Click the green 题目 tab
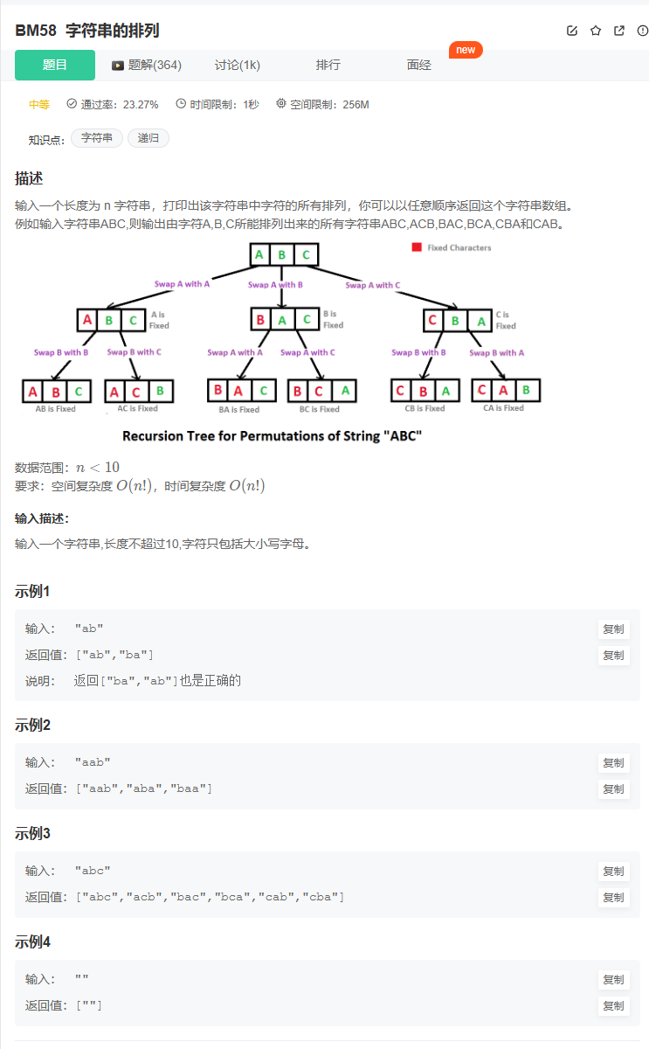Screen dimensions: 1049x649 (x=55, y=65)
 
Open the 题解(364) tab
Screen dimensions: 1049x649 (x=147, y=65)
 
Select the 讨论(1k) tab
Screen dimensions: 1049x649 (x=238, y=65)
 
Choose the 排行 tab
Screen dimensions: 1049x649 (x=328, y=65)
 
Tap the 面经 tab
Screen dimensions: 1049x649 (x=418, y=65)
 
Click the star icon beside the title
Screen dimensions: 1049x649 (x=596, y=31)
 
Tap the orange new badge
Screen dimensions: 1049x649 (x=466, y=50)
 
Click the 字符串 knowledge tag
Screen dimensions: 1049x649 (x=96, y=138)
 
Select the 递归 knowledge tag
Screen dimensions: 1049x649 (x=148, y=138)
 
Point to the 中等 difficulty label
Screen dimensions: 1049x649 (x=39, y=105)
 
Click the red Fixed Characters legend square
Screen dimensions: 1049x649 (x=417, y=247)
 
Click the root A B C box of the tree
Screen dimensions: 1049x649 (x=282, y=255)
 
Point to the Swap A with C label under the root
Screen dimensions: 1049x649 (x=373, y=285)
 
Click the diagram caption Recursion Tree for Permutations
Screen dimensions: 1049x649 (x=272, y=435)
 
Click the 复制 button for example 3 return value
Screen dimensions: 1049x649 (x=613, y=897)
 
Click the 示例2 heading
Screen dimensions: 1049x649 (x=32, y=725)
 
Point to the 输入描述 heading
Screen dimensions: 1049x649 (x=42, y=518)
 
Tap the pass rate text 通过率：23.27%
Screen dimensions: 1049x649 (x=113, y=105)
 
